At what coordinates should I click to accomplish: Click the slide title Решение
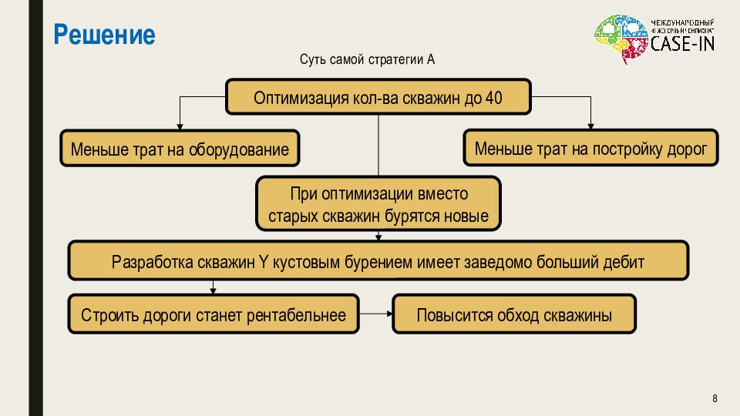point(104,35)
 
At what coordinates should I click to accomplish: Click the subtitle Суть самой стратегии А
point(368,60)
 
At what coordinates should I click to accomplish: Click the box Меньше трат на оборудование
point(180,149)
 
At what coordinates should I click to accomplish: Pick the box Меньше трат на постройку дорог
point(590,148)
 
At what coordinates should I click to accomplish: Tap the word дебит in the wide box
point(624,262)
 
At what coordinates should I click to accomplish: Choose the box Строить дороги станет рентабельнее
point(213,314)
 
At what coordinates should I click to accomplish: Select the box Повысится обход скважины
point(514,314)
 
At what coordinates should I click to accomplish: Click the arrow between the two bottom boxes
point(376,314)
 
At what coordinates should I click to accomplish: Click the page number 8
point(715,398)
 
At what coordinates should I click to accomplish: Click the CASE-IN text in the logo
point(682,44)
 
